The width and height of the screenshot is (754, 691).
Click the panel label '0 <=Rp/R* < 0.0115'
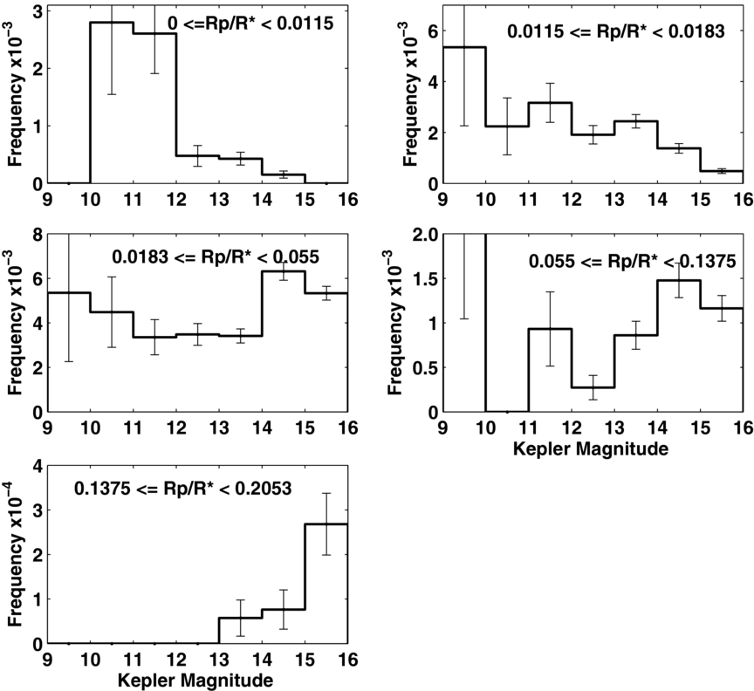pos(250,23)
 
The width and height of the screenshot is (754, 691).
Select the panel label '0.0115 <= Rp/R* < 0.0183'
pos(616,31)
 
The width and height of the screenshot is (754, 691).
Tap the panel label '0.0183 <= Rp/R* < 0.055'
pos(216,257)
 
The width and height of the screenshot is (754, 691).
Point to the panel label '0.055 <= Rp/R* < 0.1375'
pos(633,262)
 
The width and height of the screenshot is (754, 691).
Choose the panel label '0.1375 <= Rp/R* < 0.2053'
pos(182,489)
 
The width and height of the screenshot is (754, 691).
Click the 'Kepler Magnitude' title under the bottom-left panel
pos(195,681)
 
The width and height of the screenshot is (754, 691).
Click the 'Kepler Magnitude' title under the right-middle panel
pos(591,448)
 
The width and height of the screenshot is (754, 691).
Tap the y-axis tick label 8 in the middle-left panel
pos(38,235)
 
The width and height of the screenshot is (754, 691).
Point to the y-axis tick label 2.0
pos(426,235)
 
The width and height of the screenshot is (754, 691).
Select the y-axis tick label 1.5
pos(426,279)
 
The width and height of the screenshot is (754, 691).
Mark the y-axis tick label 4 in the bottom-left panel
pos(38,466)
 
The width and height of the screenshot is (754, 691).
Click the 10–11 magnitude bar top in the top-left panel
pos(112,22)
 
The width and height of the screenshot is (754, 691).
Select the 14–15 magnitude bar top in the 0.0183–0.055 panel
pos(284,271)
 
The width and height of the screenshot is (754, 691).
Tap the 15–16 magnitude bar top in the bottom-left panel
pos(326,524)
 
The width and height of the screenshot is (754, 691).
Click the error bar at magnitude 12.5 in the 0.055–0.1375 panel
pos(593,387)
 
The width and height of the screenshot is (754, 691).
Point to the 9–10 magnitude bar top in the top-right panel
pos(464,47)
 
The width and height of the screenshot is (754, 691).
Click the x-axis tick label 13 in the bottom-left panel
pos(219,659)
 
